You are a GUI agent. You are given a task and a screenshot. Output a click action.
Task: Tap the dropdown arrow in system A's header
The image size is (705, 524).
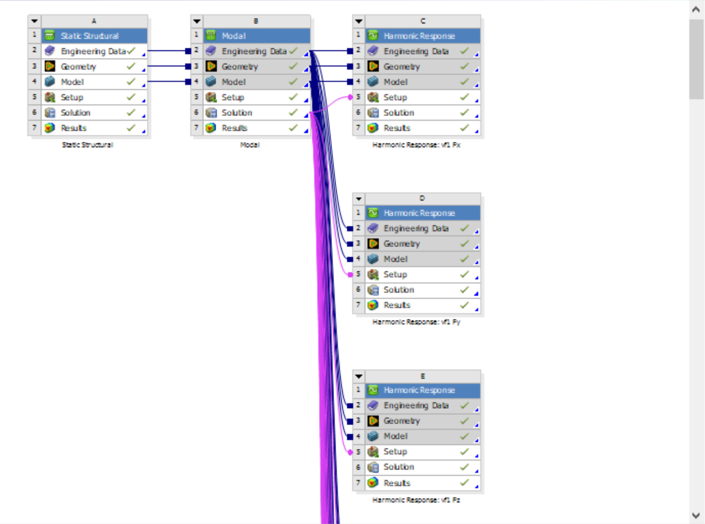pos(35,21)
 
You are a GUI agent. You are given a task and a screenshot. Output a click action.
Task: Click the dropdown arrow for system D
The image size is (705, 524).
pos(359,199)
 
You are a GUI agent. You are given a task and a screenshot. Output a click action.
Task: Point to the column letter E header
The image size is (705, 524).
pos(423,376)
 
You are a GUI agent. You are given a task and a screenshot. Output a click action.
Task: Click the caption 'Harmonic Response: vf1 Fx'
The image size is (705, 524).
pos(416,145)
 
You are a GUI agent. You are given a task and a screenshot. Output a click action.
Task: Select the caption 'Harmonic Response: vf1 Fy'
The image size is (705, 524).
pos(416,322)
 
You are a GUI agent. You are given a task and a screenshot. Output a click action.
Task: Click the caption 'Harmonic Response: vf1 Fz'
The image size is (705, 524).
pos(416,499)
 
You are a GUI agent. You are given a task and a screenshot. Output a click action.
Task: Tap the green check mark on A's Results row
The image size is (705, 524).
pos(131,128)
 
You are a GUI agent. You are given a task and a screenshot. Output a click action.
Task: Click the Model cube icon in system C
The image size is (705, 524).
pos(373,82)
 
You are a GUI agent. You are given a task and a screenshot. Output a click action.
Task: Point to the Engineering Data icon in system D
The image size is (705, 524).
pos(373,228)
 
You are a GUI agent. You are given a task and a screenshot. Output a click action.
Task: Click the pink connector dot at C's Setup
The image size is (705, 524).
pos(350,97)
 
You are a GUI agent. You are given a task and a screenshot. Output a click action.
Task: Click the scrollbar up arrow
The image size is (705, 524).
pos(696,10)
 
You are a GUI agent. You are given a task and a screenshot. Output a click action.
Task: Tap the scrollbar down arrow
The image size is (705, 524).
pos(696,515)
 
